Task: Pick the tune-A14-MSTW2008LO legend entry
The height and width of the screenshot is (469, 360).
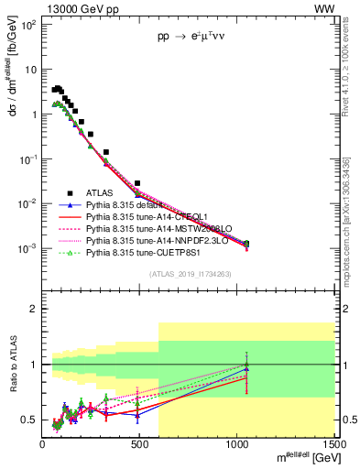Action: pyautogui.click(x=147, y=229)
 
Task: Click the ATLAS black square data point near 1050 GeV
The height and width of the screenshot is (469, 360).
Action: pyautogui.click(x=245, y=244)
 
